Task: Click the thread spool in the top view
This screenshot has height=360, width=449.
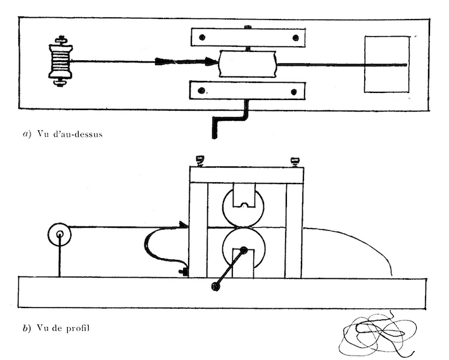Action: click(x=60, y=61)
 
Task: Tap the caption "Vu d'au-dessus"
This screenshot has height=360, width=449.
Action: click(x=70, y=134)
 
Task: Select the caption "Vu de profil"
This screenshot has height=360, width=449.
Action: click(x=63, y=328)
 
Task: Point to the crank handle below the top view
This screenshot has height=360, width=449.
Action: click(x=231, y=119)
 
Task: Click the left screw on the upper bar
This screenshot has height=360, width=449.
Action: click(x=202, y=37)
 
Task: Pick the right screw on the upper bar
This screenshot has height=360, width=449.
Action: click(x=296, y=38)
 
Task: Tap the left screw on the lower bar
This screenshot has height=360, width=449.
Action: click(x=201, y=90)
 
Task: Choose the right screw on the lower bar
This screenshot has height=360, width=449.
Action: click(x=293, y=92)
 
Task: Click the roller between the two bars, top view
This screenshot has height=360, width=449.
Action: click(x=248, y=64)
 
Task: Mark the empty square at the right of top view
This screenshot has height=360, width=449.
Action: click(x=387, y=64)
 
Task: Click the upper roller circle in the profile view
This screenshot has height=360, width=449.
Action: click(x=243, y=207)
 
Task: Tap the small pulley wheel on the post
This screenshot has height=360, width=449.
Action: click(x=60, y=234)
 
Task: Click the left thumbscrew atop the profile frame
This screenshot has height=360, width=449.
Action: click(x=199, y=161)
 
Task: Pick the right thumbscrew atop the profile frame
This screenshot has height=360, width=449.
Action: click(x=294, y=162)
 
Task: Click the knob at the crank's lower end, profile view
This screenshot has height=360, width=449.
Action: click(x=215, y=286)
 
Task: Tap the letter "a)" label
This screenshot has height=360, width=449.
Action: click(x=27, y=134)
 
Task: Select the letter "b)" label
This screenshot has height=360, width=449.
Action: click(x=27, y=328)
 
